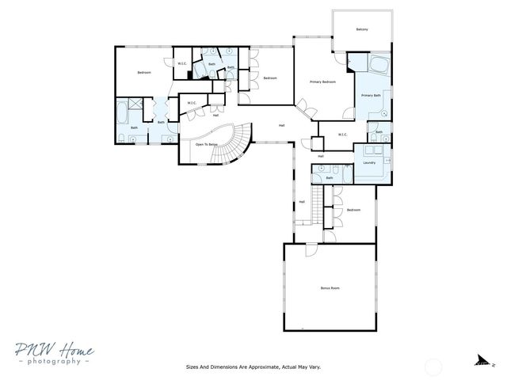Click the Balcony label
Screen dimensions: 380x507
362,29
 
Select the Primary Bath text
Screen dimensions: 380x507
372,96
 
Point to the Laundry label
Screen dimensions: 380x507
369,162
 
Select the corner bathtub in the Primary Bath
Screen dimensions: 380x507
376,64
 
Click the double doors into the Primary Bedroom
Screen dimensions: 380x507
303,108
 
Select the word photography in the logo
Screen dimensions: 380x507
51,361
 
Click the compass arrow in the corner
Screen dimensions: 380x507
481,361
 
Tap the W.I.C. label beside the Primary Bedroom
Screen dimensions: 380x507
343,135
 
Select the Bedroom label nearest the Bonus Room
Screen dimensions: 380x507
353,210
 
